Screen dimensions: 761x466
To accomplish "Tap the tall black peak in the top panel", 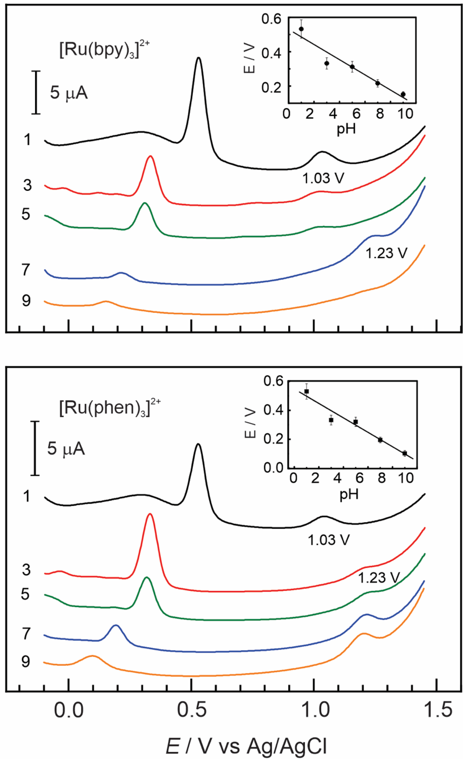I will coord(199,59).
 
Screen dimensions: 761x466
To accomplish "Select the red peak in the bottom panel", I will coord(150,514).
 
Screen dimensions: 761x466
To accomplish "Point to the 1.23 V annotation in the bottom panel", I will coord(379,577).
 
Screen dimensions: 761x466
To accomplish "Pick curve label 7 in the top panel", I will coord(27,270).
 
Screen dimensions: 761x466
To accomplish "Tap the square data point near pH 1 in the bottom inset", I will coord(306,391).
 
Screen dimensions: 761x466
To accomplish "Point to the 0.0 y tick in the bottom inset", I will coord(273,467).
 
